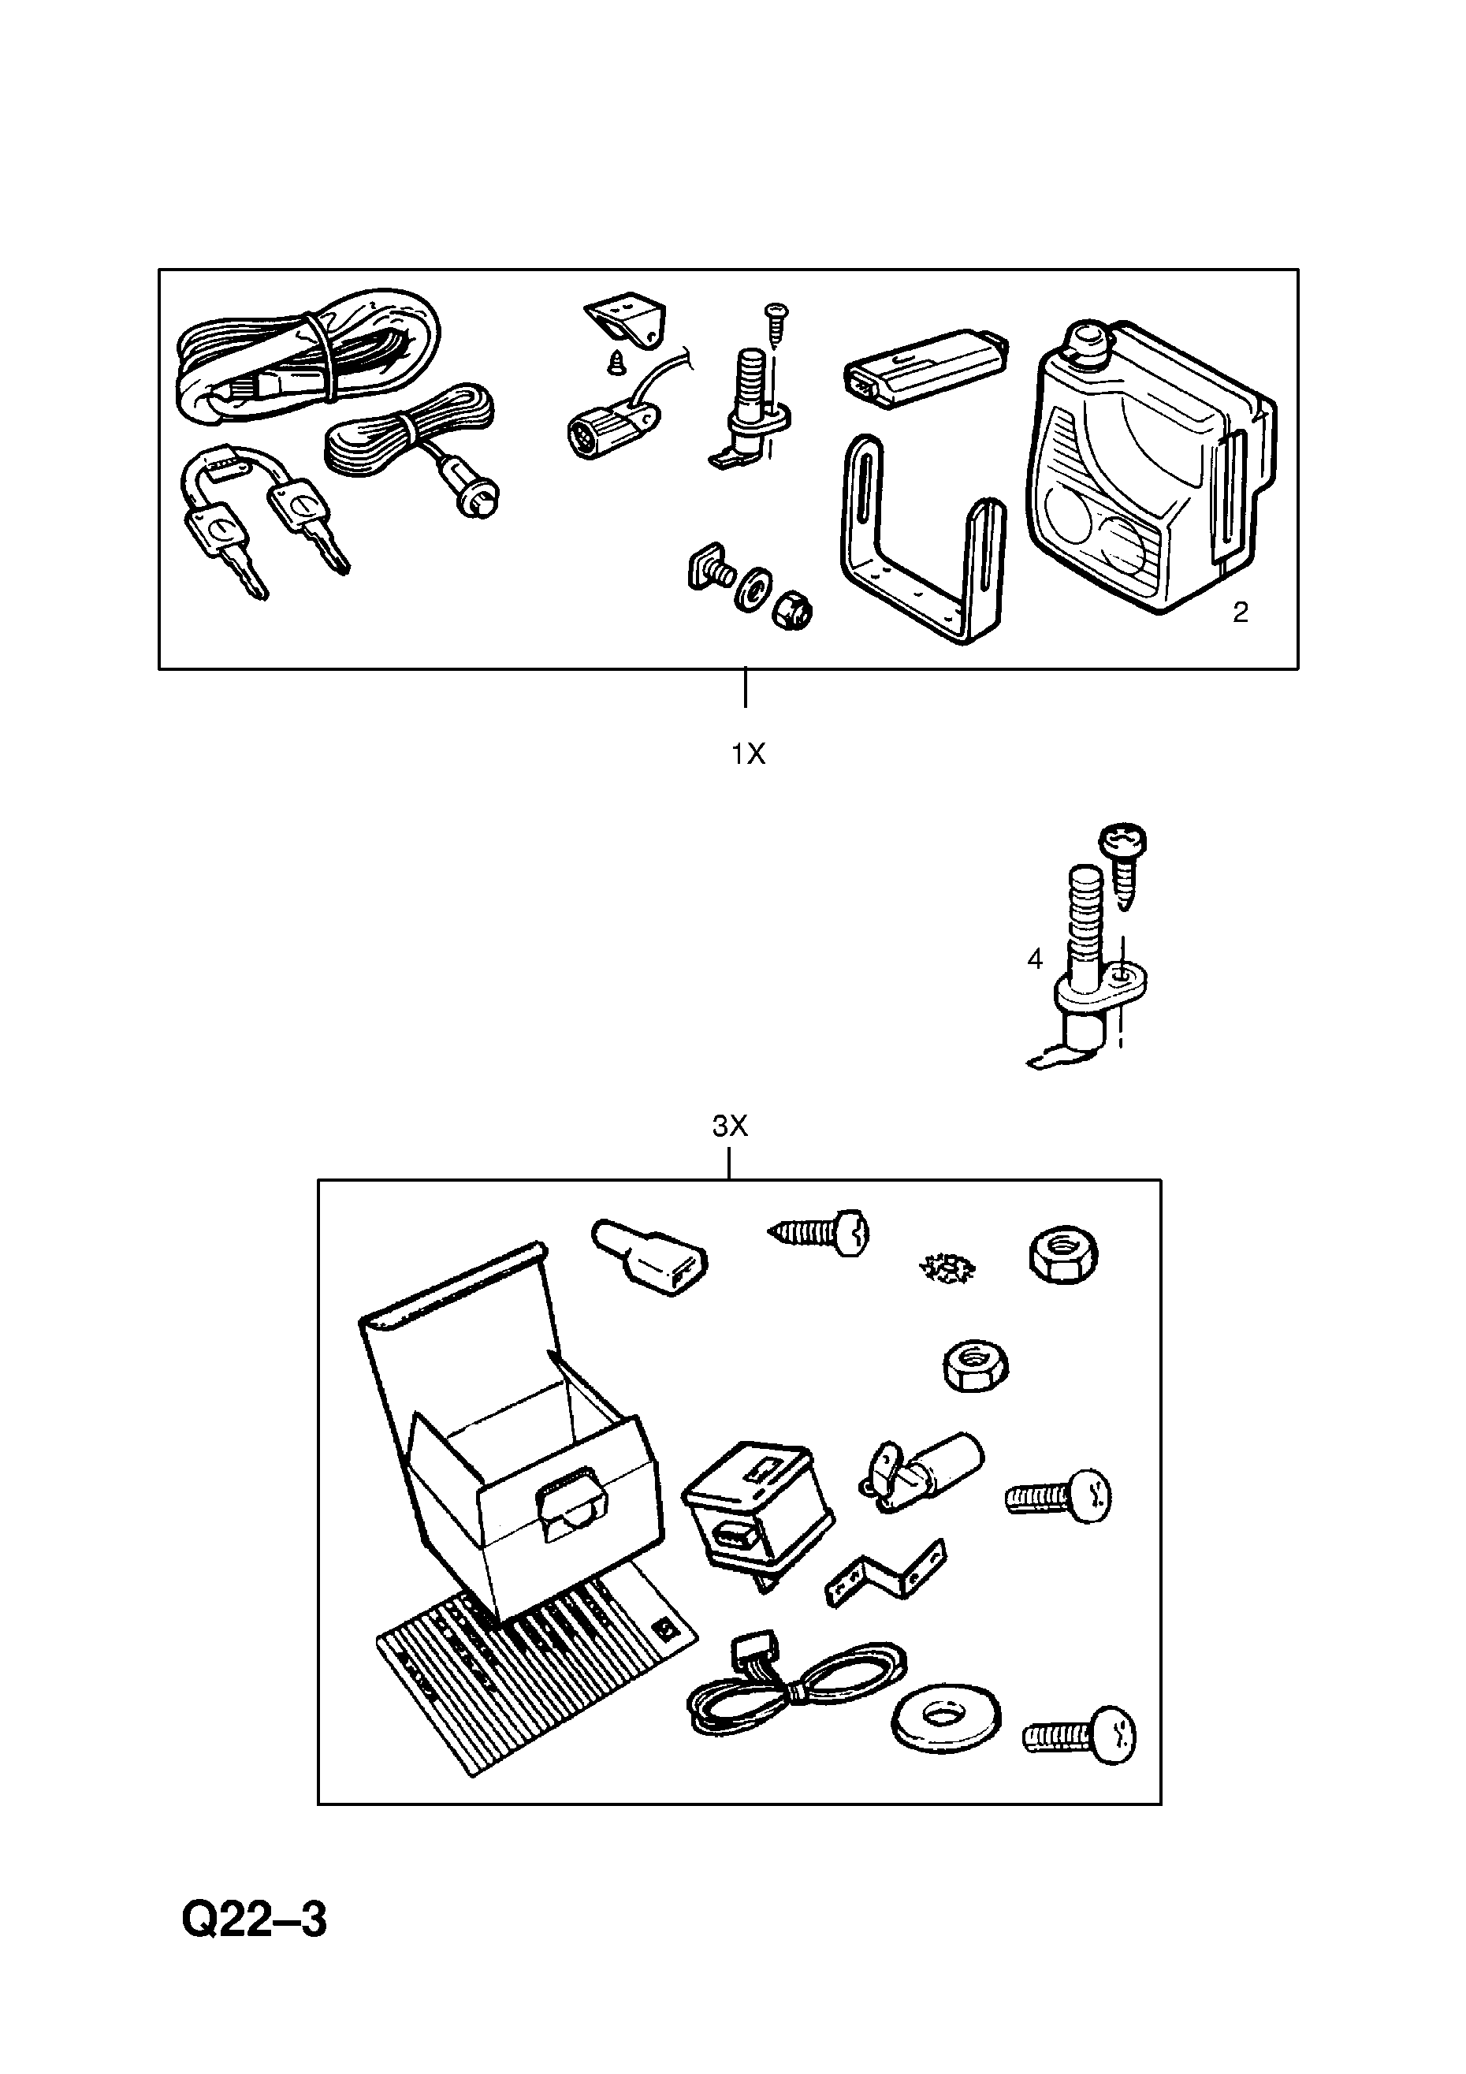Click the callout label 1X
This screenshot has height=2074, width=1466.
[747, 754]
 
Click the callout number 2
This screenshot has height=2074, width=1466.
[1240, 613]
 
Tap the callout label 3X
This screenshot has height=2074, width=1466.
[730, 1126]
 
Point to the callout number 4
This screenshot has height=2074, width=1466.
[1035, 959]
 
